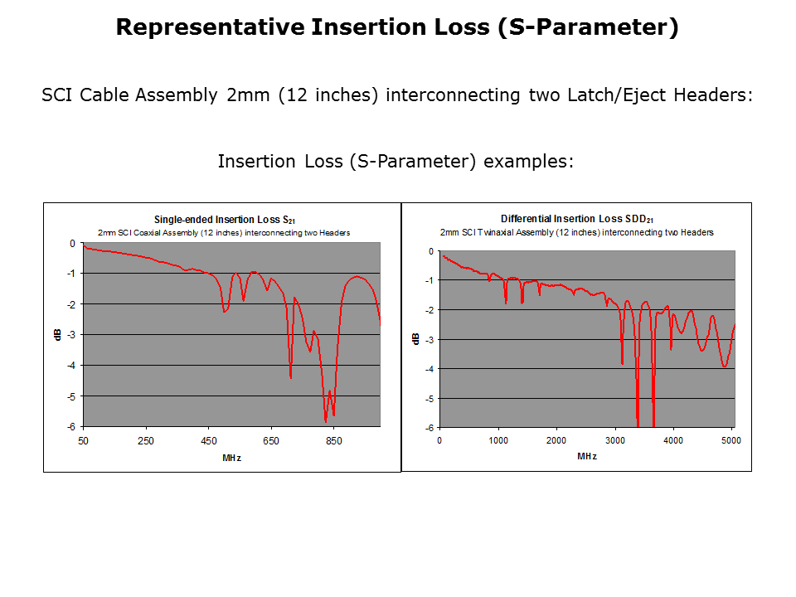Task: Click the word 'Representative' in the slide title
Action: point(210,27)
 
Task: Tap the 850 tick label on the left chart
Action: point(333,440)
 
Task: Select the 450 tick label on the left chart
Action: point(209,440)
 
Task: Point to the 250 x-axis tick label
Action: point(146,440)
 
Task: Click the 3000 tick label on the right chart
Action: point(614,440)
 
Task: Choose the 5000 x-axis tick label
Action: point(731,440)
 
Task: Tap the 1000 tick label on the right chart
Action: point(498,440)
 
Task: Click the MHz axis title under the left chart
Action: point(231,458)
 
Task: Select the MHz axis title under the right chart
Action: point(587,456)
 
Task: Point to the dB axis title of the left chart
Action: point(57,334)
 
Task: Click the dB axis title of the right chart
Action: point(415,338)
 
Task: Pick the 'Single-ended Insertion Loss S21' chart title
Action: point(225,220)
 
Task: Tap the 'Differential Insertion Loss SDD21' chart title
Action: point(577,219)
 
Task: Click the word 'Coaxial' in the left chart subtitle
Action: point(147,233)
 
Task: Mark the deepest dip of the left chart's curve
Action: point(325,421)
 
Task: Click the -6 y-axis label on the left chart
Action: point(71,427)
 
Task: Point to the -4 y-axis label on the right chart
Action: point(430,369)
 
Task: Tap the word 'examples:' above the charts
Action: point(528,162)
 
